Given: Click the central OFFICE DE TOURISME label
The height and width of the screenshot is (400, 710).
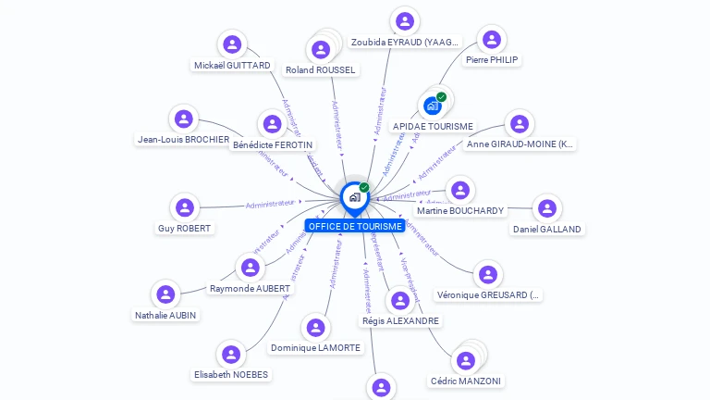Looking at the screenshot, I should tap(355, 226).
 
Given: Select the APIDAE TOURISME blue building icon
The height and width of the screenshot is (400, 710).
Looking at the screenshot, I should tap(432, 106).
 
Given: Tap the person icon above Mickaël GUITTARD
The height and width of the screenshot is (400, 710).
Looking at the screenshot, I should tap(232, 44).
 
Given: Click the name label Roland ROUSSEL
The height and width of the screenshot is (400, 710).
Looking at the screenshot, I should tap(321, 69).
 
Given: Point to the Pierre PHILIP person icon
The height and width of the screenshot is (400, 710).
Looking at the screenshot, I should tap(492, 39).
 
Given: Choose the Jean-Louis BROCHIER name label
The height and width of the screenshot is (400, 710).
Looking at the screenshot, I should tap(183, 140).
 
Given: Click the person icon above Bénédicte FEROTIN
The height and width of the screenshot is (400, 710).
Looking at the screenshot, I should tap(273, 124).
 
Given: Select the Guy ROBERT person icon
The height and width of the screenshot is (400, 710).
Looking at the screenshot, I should tap(185, 207).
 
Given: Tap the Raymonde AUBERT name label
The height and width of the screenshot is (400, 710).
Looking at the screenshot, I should tap(250, 288).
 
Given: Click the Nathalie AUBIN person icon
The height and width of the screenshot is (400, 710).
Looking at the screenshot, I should tap(165, 294).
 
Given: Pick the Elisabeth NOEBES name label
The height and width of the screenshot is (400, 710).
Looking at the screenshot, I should tap(231, 374).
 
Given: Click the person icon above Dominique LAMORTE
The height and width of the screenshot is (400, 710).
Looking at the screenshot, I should tap(316, 328).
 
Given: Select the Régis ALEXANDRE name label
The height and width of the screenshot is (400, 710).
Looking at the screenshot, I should tap(400, 320).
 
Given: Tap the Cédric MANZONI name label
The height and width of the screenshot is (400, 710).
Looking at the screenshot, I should tap(467, 381).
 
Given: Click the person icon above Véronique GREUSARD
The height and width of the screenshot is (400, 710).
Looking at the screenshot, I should tap(488, 274).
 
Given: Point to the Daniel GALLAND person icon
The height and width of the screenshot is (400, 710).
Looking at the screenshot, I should tap(547, 207).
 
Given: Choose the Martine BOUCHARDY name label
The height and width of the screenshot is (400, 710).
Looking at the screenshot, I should tap(460, 210).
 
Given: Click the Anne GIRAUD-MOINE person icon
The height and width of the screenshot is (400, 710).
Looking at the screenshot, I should tap(520, 124).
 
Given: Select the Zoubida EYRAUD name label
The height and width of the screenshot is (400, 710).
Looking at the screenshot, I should tap(405, 43).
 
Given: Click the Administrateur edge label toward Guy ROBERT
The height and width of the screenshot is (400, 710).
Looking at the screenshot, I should tap(270, 203).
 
